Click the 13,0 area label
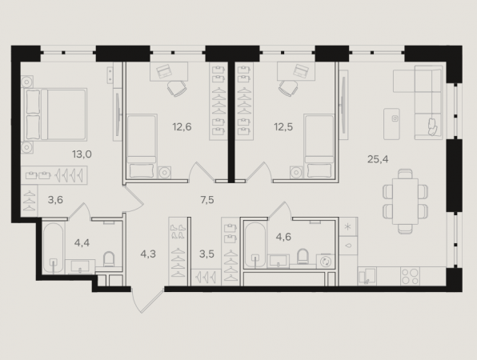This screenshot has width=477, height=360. pos(82,154)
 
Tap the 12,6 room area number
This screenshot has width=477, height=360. pos(182,126)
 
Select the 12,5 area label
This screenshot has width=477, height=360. pos(283,126)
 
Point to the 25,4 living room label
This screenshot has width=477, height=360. pos(378,158)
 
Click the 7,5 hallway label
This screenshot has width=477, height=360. pos(207,200)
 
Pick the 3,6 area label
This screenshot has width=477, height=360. pos(55,200)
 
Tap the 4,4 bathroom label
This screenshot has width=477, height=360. pos(82,242)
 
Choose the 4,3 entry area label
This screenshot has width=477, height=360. pos(148,254)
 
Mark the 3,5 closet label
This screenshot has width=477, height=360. pos(206,254)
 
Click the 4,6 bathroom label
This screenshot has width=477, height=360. pos(283,237)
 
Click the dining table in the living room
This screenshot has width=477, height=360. pos(405,202)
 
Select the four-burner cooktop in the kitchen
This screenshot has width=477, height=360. pos(410,276)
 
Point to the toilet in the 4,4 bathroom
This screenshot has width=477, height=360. pos(109,259)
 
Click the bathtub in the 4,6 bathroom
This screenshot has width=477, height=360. pos(255,246)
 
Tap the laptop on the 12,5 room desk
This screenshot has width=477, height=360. pos(301,70)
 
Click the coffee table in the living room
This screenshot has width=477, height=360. pos(391,124)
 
